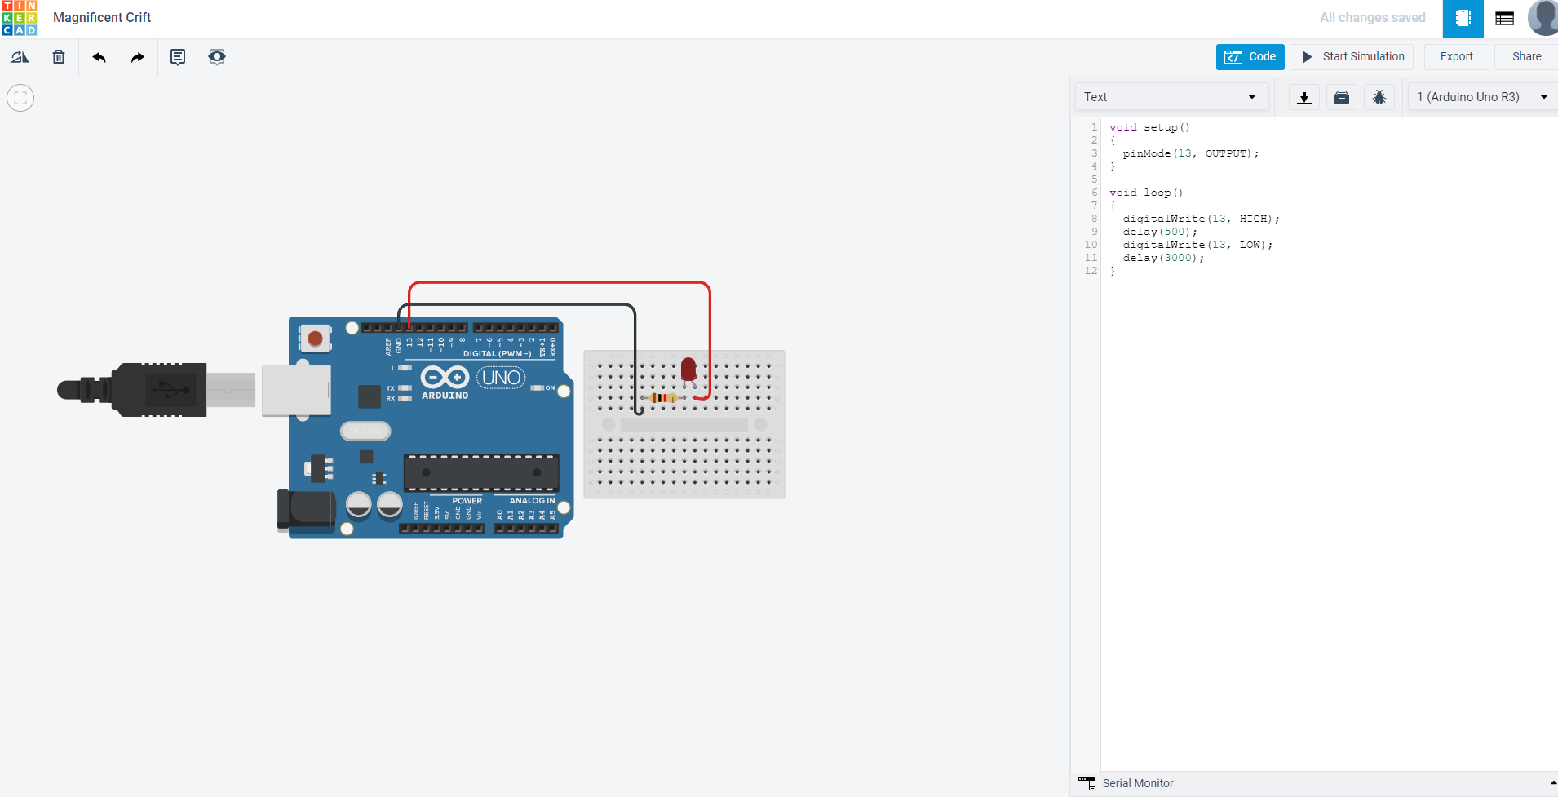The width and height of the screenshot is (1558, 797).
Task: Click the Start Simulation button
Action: click(x=1352, y=57)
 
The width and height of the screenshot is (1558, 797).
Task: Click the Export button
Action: click(x=1456, y=57)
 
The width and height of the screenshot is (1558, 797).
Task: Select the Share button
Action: click(x=1526, y=57)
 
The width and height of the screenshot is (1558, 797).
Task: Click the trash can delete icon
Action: click(x=59, y=57)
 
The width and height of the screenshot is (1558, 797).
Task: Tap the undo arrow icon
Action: click(x=100, y=57)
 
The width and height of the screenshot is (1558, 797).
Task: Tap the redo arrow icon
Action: click(x=138, y=57)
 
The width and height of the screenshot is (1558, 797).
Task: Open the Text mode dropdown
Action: click(x=1171, y=97)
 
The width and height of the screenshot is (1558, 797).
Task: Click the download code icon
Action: click(x=1304, y=98)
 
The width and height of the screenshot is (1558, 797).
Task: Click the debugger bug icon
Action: click(x=1379, y=98)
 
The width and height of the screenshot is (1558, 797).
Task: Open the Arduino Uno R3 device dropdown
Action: click(x=1481, y=97)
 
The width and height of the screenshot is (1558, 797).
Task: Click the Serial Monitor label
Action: click(x=1137, y=783)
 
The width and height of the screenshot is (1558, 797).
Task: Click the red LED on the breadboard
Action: click(x=688, y=370)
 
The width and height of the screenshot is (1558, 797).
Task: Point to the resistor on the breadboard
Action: click(x=663, y=398)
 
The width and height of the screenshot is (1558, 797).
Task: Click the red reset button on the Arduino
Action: click(x=315, y=339)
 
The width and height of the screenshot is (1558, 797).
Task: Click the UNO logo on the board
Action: click(x=501, y=378)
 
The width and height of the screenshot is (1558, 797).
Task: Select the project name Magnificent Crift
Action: click(x=102, y=18)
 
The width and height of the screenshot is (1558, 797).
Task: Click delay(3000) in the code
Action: click(x=1163, y=258)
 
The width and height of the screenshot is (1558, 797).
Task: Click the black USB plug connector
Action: click(x=159, y=390)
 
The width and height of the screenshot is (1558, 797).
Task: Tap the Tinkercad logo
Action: click(x=20, y=18)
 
